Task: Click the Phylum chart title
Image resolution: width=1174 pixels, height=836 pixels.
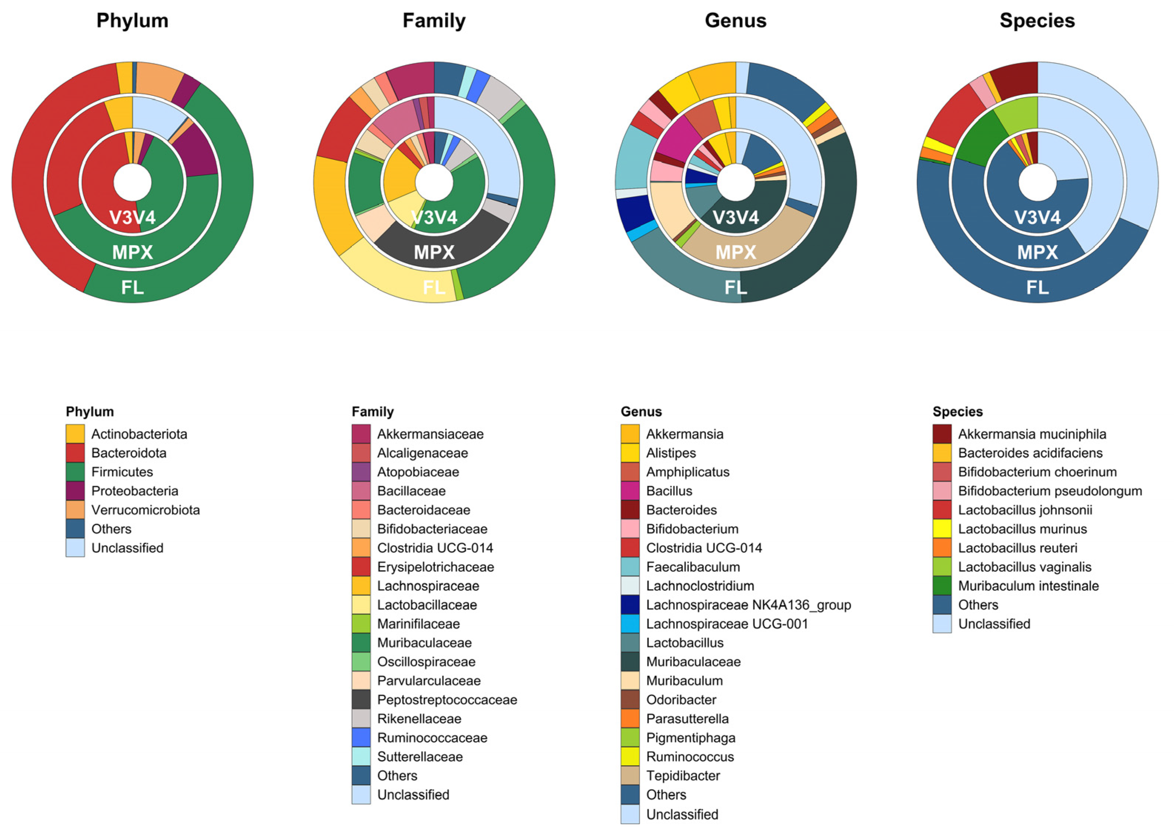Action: [132, 21]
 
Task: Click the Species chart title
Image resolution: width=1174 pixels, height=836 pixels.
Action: [1037, 21]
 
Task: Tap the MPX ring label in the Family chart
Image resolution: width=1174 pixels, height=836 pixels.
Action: [434, 252]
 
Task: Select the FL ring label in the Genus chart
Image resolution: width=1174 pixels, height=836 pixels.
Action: [735, 287]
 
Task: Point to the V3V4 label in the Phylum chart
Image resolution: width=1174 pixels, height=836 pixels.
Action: [132, 217]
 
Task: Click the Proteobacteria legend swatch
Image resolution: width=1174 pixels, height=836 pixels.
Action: [75, 491]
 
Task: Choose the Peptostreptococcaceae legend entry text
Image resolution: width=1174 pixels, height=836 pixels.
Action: [446, 699]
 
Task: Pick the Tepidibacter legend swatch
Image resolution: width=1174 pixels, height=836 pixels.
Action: [630, 775]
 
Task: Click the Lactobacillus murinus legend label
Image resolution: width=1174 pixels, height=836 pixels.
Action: [1022, 529]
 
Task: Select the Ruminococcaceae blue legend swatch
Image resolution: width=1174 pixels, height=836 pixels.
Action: [361, 738]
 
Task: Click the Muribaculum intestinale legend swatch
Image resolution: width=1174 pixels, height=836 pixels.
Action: [942, 586]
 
